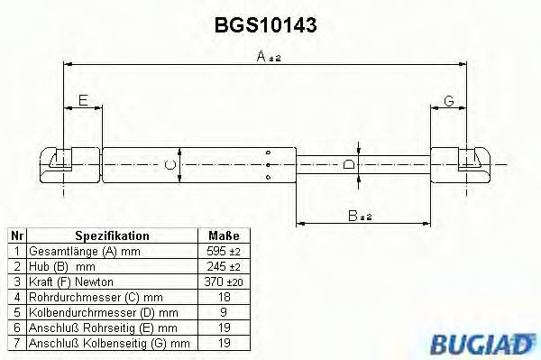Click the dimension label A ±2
[x=267, y=57]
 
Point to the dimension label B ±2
[x=361, y=216]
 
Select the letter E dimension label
[x=83, y=102]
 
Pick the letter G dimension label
[x=447, y=102]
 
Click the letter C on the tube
[x=169, y=164]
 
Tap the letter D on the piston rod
[x=349, y=164]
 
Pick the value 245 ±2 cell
[x=225, y=268]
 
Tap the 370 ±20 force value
[x=225, y=283]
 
